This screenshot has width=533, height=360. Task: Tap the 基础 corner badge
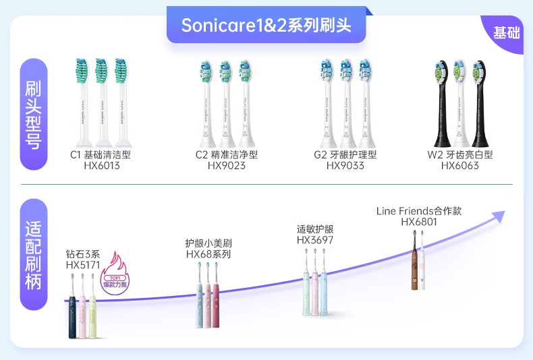(506, 32)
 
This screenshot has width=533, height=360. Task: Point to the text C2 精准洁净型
(226, 154)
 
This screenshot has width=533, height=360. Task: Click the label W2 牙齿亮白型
(460, 154)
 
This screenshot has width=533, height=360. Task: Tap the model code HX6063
(460, 165)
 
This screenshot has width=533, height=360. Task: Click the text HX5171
(82, 266)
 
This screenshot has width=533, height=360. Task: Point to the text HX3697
(315, 240)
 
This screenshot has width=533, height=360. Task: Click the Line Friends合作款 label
(419, 211)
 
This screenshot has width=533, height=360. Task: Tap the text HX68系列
(208, 254)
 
